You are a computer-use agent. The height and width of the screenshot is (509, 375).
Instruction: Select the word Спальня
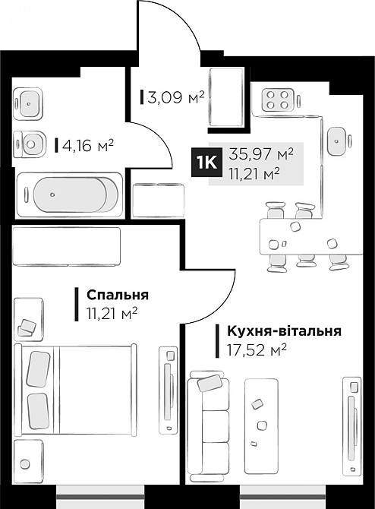click(x=117, y=295)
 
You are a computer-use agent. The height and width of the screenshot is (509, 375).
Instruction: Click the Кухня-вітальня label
click(x=279, y=331)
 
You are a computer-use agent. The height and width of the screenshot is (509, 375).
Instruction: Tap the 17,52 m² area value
click(x=256, y=349)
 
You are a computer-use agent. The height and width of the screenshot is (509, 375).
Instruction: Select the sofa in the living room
click(x=209, y=422)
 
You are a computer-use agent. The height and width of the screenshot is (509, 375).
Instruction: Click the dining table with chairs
click(x=303, y=236)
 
